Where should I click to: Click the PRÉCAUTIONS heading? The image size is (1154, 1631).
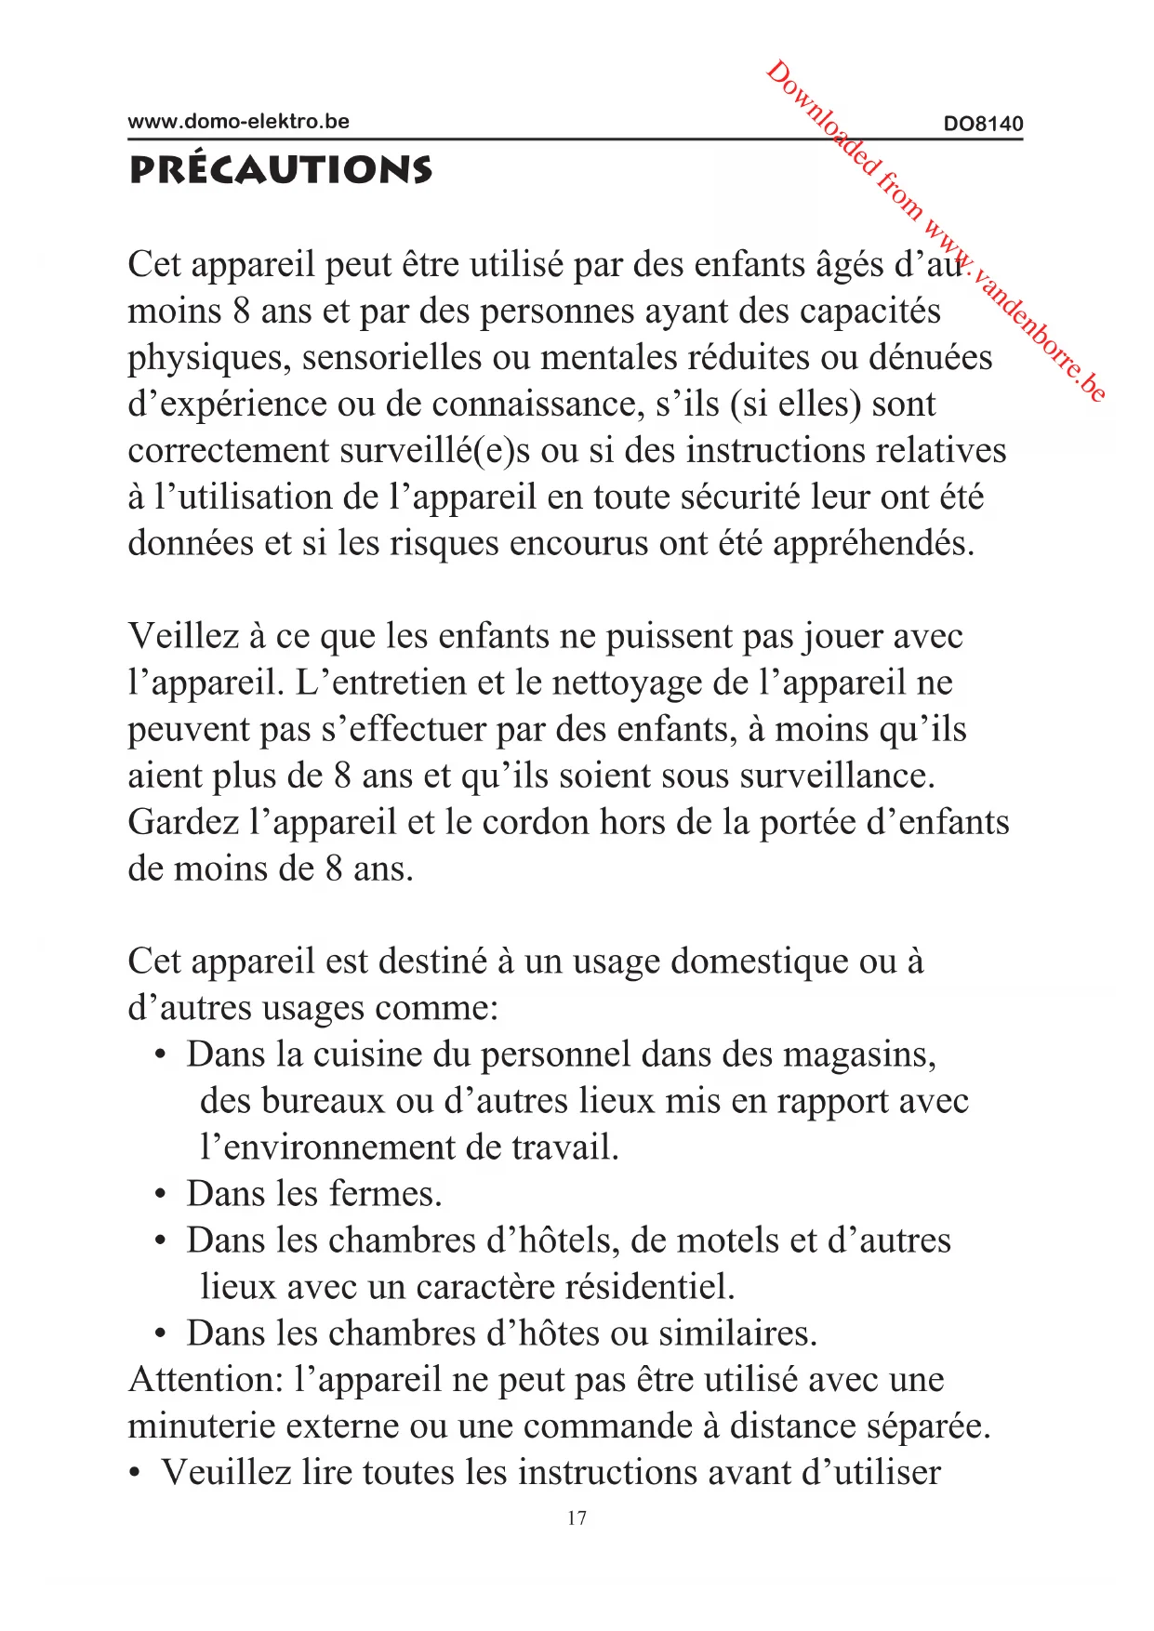point(281,170)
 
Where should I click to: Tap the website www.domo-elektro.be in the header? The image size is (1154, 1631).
point(238,122)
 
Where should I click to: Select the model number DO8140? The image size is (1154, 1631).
point(983,124)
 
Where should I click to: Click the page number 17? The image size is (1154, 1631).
point(577,1518)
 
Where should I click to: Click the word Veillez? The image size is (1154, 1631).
point(183,636)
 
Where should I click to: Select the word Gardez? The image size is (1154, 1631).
point(183,823)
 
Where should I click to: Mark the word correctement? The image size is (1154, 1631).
point(229,451)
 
